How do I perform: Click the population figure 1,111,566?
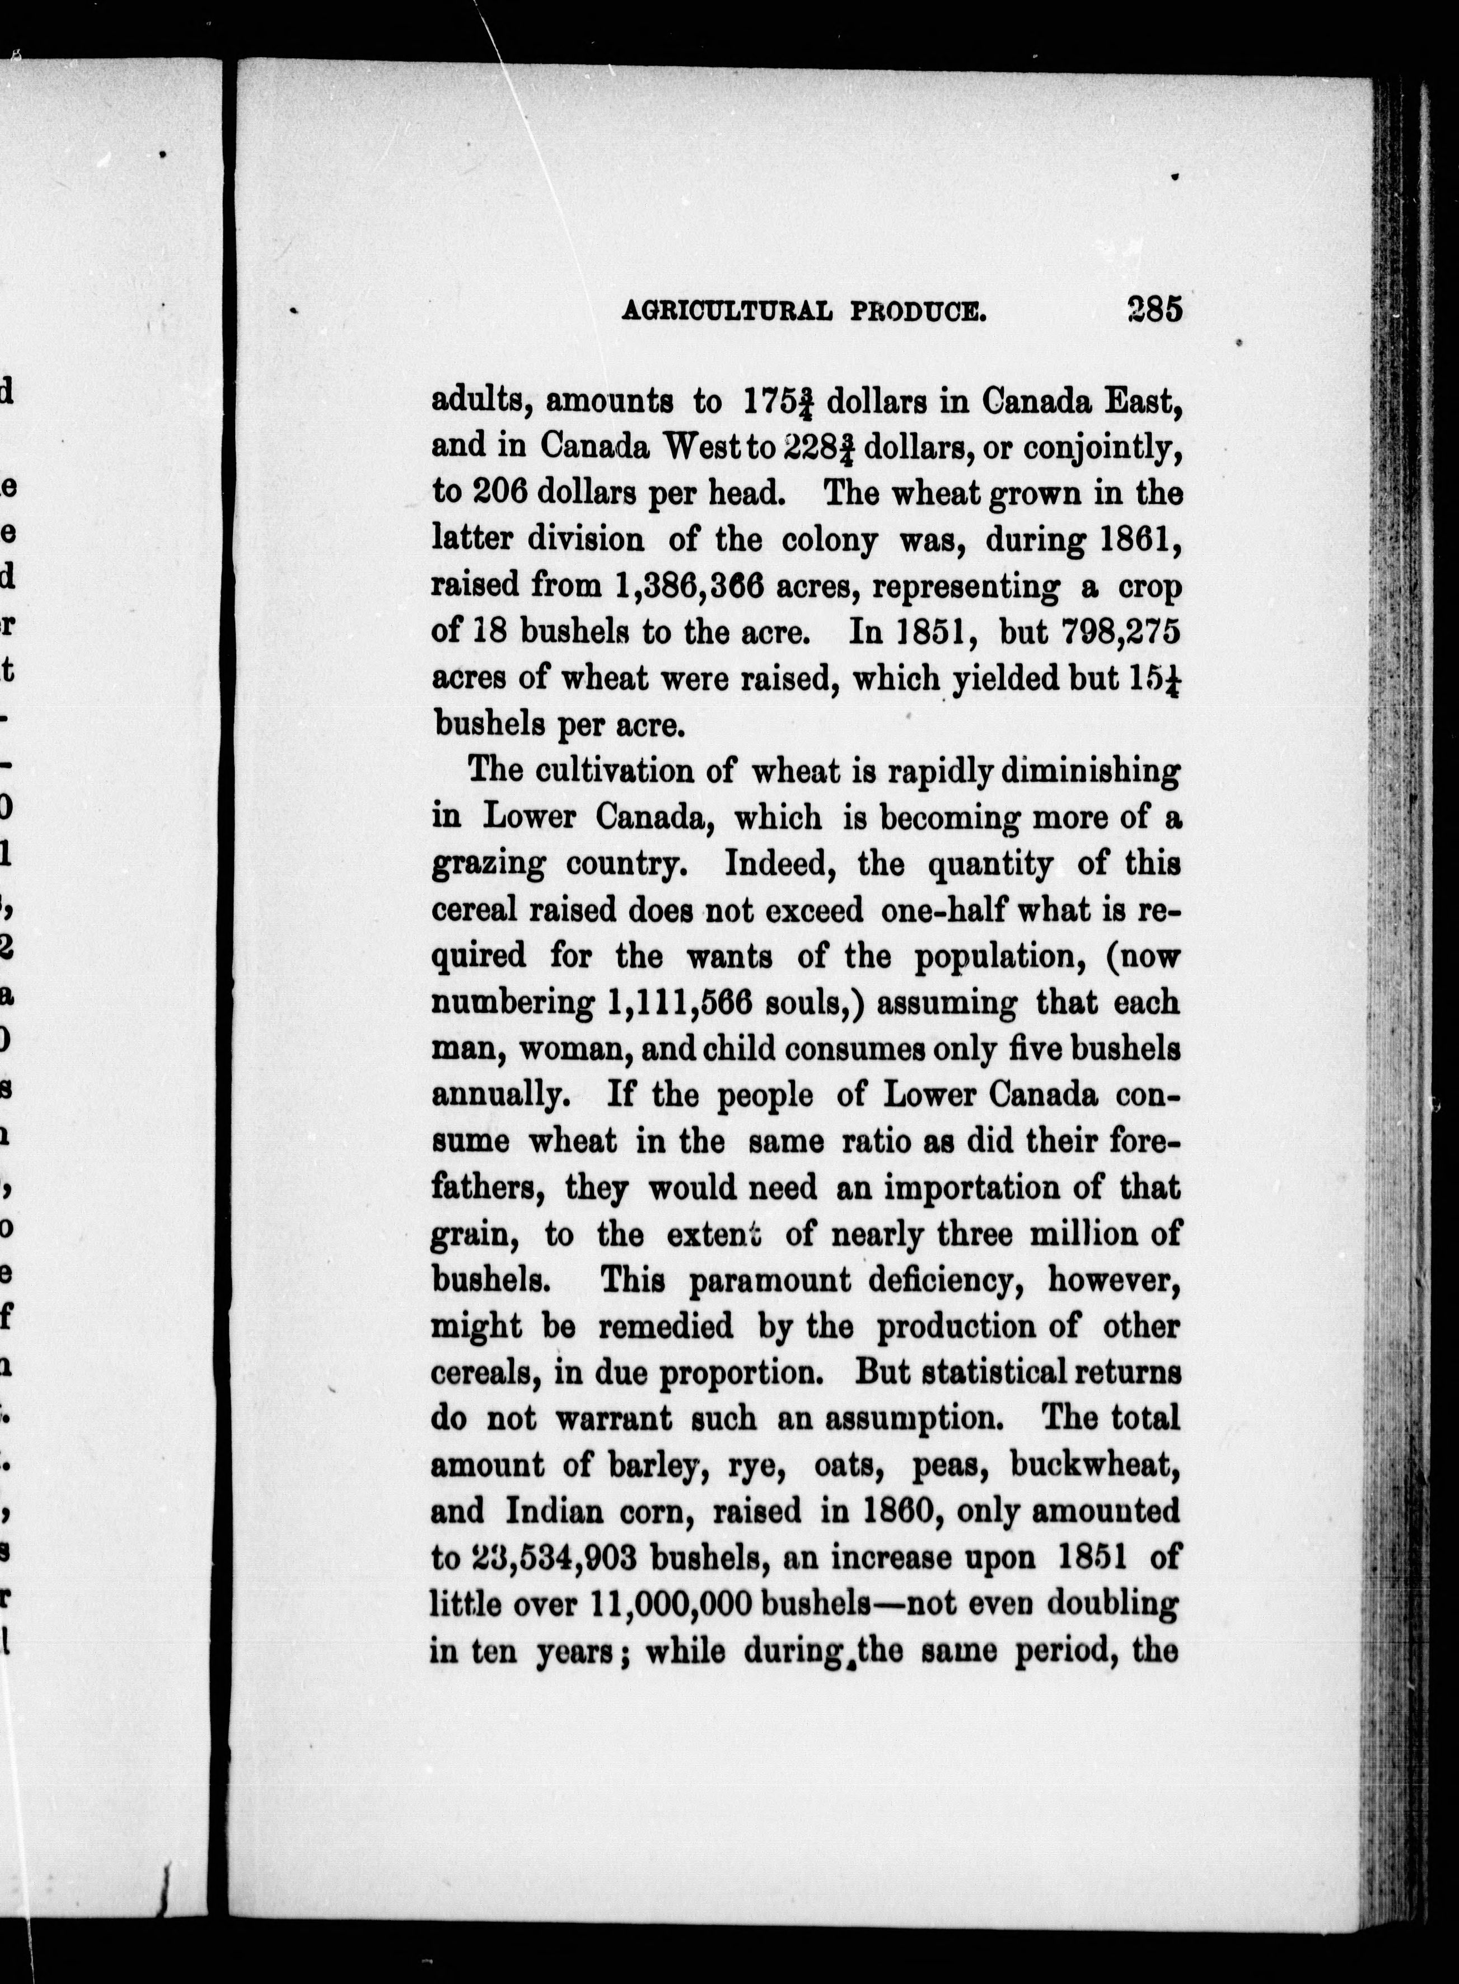click(x=679, y=1003)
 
